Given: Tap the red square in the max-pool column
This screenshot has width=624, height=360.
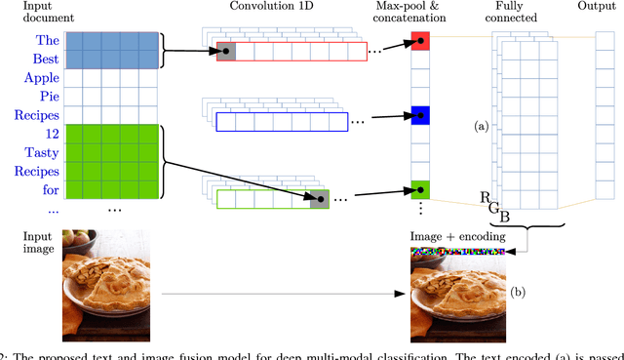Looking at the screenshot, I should point(419,41).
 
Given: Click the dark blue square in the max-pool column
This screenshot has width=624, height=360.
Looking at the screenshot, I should point(419,114).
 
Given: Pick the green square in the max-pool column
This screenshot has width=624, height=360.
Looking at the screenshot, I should point(419,186).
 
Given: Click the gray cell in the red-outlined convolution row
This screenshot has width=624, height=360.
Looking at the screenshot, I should point(225,52).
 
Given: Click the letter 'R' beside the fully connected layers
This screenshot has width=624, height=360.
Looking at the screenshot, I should point(486,197).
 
